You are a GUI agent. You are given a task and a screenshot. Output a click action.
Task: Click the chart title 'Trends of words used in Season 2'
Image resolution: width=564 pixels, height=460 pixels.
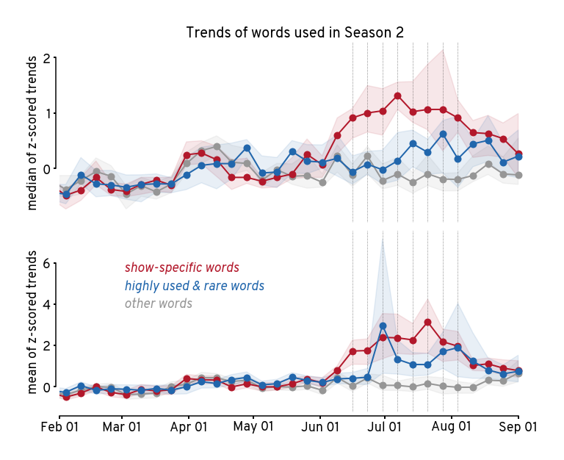click(295, 32)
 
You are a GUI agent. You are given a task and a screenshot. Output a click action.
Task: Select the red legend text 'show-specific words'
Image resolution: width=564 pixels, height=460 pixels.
click(181, 268)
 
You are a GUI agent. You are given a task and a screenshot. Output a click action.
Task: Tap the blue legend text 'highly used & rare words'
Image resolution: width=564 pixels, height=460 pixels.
click(195, 286)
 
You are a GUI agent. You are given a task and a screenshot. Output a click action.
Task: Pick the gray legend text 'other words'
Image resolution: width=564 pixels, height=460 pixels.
click(159, 303)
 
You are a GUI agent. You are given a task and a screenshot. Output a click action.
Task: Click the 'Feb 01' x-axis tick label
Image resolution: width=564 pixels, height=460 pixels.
click(59, 426)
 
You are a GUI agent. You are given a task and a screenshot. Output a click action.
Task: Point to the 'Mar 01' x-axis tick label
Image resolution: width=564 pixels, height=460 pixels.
click(121, 426)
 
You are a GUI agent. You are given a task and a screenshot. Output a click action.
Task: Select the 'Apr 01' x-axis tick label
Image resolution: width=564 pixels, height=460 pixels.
click(189, 426)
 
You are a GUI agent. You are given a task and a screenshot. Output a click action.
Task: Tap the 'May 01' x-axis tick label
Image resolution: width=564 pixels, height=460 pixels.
click(253, 426)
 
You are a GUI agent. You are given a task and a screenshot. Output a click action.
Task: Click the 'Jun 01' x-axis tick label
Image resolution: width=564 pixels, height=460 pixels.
click(320, 426)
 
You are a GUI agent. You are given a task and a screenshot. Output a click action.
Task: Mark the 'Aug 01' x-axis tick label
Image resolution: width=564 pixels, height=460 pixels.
click(451, 426)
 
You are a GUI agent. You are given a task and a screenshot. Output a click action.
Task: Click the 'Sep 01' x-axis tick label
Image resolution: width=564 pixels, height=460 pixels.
click(518, 426)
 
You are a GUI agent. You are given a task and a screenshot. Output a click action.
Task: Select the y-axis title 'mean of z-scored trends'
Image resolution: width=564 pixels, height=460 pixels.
click(32, 321)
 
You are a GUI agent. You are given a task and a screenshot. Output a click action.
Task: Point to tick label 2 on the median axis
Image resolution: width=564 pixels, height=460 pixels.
click(46, 58)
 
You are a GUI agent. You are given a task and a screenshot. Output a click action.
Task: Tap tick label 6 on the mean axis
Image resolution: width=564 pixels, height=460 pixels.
click(46, 263)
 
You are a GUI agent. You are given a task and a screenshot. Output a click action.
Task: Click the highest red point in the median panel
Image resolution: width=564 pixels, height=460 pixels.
click(397, 96)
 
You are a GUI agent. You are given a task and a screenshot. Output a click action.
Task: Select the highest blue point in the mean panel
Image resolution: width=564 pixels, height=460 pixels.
click(383, 326)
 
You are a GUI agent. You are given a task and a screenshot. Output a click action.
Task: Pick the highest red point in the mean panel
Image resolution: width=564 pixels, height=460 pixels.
click(427, 322)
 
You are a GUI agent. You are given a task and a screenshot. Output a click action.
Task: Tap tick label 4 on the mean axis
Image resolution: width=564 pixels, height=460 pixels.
click(46, 304)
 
